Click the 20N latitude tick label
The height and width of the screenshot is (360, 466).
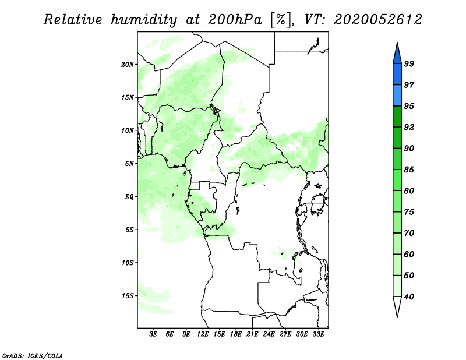click(128, 65)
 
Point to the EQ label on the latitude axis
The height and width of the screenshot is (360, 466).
click(129, 197)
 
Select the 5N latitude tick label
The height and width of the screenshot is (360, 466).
click(129, 164)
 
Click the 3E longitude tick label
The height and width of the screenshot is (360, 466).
click(153, 334)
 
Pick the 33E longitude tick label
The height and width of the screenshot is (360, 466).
click(318, 334)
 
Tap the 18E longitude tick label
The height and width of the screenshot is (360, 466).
click(236, 334)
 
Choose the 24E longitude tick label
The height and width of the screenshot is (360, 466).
click(269, 334)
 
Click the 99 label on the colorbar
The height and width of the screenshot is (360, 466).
click(409, 63)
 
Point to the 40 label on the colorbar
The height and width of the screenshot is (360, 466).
click(409, 297)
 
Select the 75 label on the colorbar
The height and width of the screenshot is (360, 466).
click(409, 212)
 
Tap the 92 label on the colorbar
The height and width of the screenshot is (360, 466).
click(409, 127)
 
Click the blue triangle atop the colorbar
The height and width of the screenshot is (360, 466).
click(397, 55)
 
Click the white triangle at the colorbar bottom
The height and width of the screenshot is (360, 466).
click(397, 305)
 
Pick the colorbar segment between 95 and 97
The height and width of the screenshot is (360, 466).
click(397, 96)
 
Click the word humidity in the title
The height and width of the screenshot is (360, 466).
click(144, 20)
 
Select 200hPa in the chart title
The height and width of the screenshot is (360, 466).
click(235, 20)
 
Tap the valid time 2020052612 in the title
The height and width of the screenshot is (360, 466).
click(377, 20)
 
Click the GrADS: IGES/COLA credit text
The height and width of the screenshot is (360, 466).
click(33, 356)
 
